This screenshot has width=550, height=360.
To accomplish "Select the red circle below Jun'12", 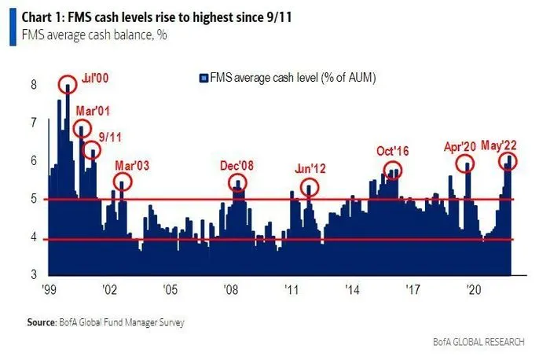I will pyautogui.click(x=311, y=188).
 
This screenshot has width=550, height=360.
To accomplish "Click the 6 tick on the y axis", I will pyautogui.click(x=34, y=160).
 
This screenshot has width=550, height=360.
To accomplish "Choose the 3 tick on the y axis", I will pyautogui.click(x=34, y=275).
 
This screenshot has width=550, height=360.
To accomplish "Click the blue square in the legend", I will pyautogui.click(x=203, y=78).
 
